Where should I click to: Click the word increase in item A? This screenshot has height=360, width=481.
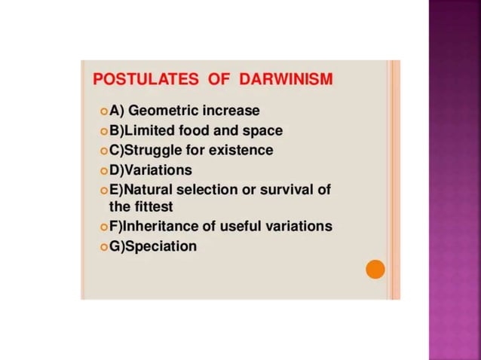click(231, 111)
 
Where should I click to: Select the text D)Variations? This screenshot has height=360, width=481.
click(151, 169)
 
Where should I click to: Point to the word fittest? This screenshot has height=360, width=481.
click(153, 206)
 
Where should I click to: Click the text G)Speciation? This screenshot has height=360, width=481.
click(153, 246)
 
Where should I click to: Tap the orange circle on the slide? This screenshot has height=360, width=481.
click(375, 269)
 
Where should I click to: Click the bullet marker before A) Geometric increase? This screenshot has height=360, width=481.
click(103, 111)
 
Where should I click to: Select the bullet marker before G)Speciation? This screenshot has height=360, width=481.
click(103, 246)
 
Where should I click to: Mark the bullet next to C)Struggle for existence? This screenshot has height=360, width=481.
click(103, 151)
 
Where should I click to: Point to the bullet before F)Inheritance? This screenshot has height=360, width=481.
click(103, 227)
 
